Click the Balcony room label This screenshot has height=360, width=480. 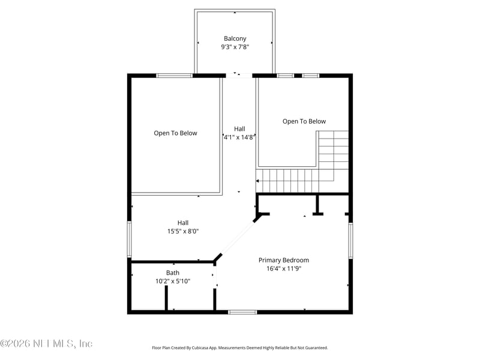tap(235, 38)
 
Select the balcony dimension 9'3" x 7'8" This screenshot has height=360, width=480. tap(235, 47)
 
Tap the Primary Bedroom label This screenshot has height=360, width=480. tap(284, 260)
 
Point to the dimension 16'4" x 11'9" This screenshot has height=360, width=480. tap(284, 269)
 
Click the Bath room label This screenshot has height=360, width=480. tap(172, 272)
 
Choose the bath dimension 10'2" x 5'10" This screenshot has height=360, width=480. tap(172, 281)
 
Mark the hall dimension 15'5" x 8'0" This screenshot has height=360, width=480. tap(183, 231)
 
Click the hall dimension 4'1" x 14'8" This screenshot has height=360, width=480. tap(239, 137)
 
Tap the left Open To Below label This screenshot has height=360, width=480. tap(175, 133)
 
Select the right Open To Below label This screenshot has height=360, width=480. tap(304, 121)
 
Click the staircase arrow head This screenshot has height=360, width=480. tap(258, 181)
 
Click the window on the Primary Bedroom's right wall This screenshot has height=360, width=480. tap(350, 241)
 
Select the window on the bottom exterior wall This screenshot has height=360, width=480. tap(242, 312)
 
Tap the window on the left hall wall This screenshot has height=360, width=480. tap(129, 239)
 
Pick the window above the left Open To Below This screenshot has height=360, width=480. tap(175, 76)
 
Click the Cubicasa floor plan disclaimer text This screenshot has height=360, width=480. tap(240, 347)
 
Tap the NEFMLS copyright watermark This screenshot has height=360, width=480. tap(46, 344)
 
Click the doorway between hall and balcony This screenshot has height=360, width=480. tap(239, 76)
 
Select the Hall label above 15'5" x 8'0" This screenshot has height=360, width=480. tap(183, 223)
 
